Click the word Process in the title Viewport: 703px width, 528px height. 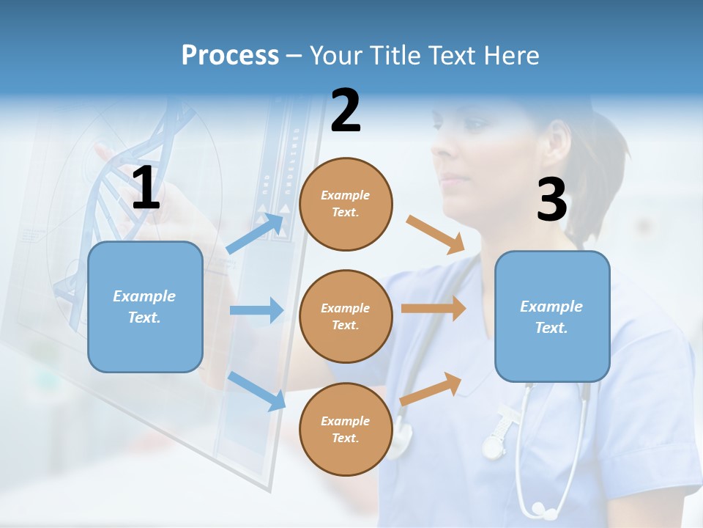point(230,55)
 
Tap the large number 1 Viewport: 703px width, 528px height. point(146,188)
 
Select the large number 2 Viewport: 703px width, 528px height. point(346,111)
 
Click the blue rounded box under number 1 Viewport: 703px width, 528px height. point(145,307)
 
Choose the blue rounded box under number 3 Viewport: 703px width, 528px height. point(552,316)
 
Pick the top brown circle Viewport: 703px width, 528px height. point(346,204)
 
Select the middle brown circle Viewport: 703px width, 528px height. point(346,316)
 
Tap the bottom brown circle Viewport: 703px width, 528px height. point(346,429)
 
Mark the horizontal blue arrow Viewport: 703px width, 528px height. point(256,310)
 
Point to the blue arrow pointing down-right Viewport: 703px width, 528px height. point(256,390)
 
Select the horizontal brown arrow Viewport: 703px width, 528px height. point(434,309)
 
